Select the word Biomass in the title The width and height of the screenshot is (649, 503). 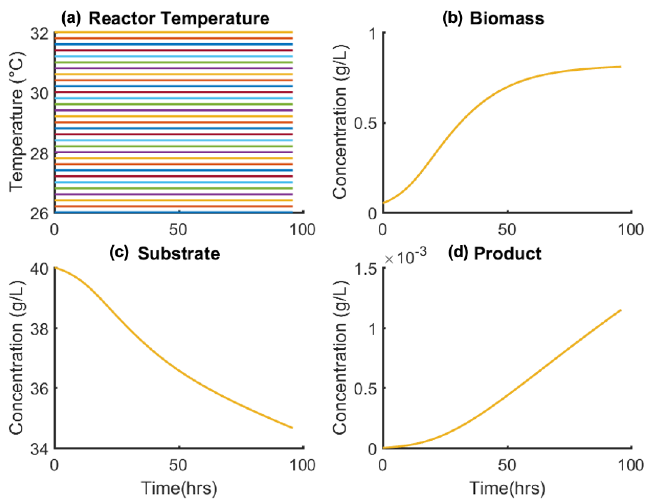507,18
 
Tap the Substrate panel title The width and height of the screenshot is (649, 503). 179,254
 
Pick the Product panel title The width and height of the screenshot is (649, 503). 507,254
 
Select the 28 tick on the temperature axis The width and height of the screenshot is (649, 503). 39,154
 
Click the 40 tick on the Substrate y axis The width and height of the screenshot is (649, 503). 39,269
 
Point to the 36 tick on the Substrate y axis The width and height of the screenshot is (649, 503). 39,388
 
